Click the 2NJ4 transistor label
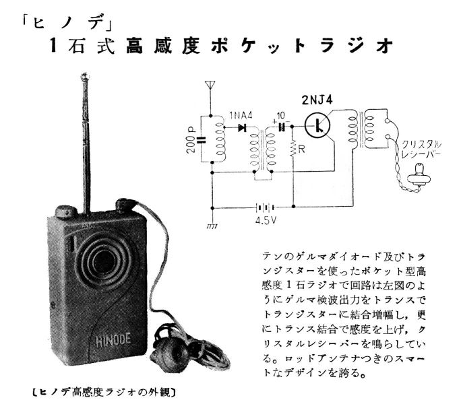click(317, 100)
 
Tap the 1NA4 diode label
click(241, 116)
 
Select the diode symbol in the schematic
click(243, 127)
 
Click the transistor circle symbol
click(317, 126)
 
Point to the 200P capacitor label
click(191, 140)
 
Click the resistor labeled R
click(292, 149)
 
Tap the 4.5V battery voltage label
click(266, 220)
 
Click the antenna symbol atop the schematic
click(210, 85)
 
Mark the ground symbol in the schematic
click(212, 226)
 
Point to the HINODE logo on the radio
click(113, 339)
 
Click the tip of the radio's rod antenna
click(85, 77)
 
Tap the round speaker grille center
click(104, 261)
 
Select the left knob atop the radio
click(66, 211)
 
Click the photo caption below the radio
click(104, 393)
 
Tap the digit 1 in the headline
click(53, 46)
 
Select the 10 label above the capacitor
click(281, 115)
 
